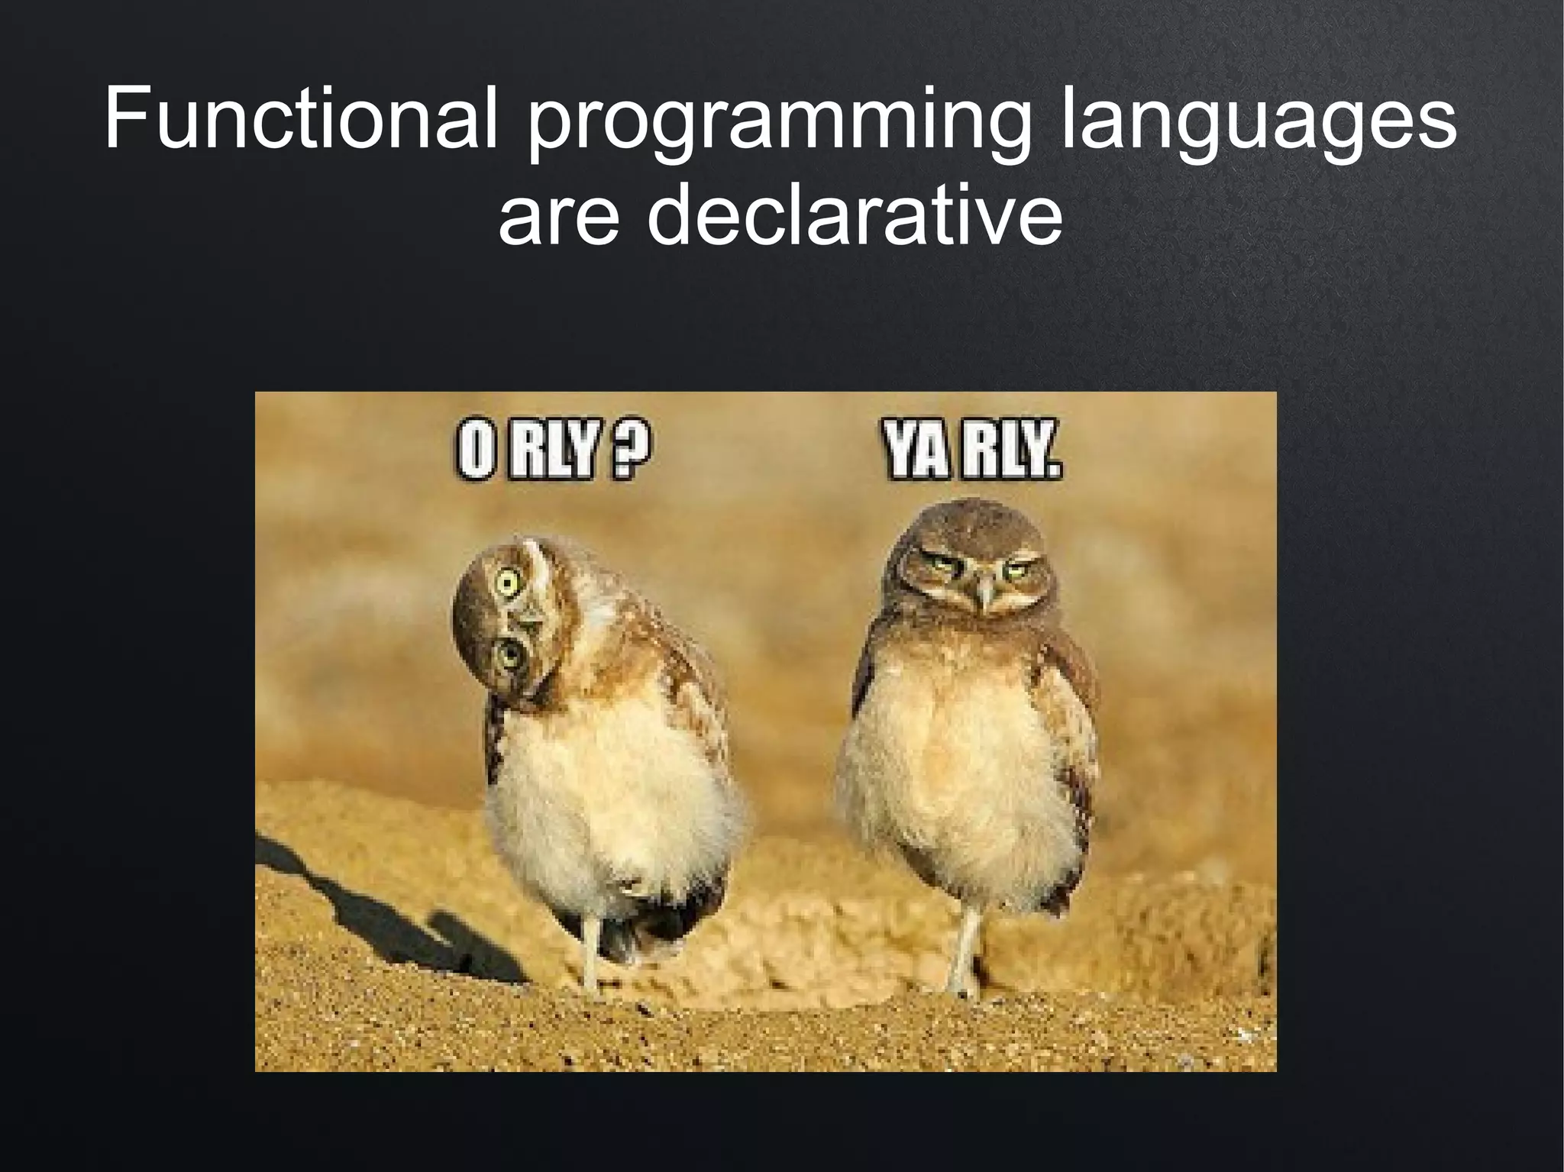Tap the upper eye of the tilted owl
[x=506, y=584]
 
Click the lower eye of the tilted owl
[x=507, y=654]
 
